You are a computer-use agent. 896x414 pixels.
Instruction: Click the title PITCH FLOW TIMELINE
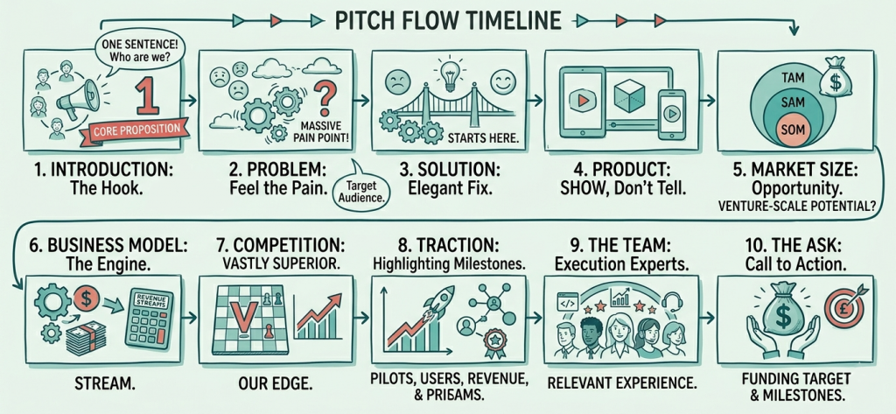coord(448,18)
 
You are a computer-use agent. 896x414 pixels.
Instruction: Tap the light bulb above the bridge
coord(449,71)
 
